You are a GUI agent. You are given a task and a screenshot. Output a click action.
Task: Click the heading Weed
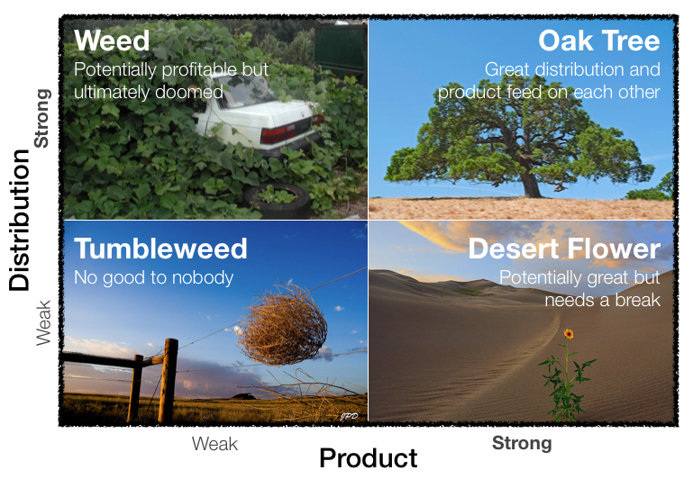click(112, 41)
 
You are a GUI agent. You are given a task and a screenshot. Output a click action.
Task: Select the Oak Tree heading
click(599, 41)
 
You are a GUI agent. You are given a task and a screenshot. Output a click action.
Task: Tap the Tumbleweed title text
click(160, 249)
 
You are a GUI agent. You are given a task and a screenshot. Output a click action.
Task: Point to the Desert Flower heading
click(564, 249)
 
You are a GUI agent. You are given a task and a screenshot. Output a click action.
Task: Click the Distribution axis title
click(19, 220)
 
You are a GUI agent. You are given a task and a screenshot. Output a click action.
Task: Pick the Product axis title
click(369, 457)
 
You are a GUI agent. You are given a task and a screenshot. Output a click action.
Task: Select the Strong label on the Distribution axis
click(43, 118)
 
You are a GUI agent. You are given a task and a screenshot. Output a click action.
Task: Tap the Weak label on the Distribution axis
click(43, 322)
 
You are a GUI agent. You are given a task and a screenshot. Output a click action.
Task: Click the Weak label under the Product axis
click(214, 444)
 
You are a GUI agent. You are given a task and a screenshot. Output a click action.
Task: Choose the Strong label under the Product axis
click(522, 443)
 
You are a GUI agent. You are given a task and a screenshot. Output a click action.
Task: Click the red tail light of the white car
click(278, 134)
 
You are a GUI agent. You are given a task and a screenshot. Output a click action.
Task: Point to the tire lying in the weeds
click(278, 200)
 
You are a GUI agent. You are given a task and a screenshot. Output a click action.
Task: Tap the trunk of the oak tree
click(531, 183)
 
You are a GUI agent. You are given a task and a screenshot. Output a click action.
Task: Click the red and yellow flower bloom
click(569, 334)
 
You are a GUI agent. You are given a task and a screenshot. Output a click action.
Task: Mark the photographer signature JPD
click(349, 416)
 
